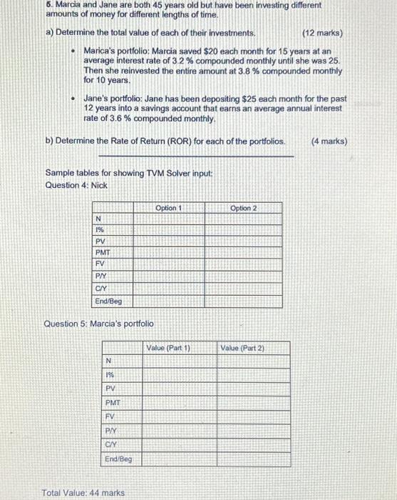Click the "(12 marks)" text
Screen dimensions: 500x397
point(322,34)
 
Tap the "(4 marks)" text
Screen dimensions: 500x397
point(329,141)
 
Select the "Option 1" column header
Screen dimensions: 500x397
point(169,208)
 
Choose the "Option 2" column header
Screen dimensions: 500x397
point(243,208)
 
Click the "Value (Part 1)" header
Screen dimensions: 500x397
point(168,348)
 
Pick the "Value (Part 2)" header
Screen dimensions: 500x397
point(242,348)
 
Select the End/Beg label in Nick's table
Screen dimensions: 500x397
point(108,301)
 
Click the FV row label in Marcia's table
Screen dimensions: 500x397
point(110,415)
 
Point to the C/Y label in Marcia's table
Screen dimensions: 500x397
point(111,444)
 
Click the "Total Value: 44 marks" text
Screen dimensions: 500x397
point(83,493)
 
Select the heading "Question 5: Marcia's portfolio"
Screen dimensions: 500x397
point(99,324)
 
